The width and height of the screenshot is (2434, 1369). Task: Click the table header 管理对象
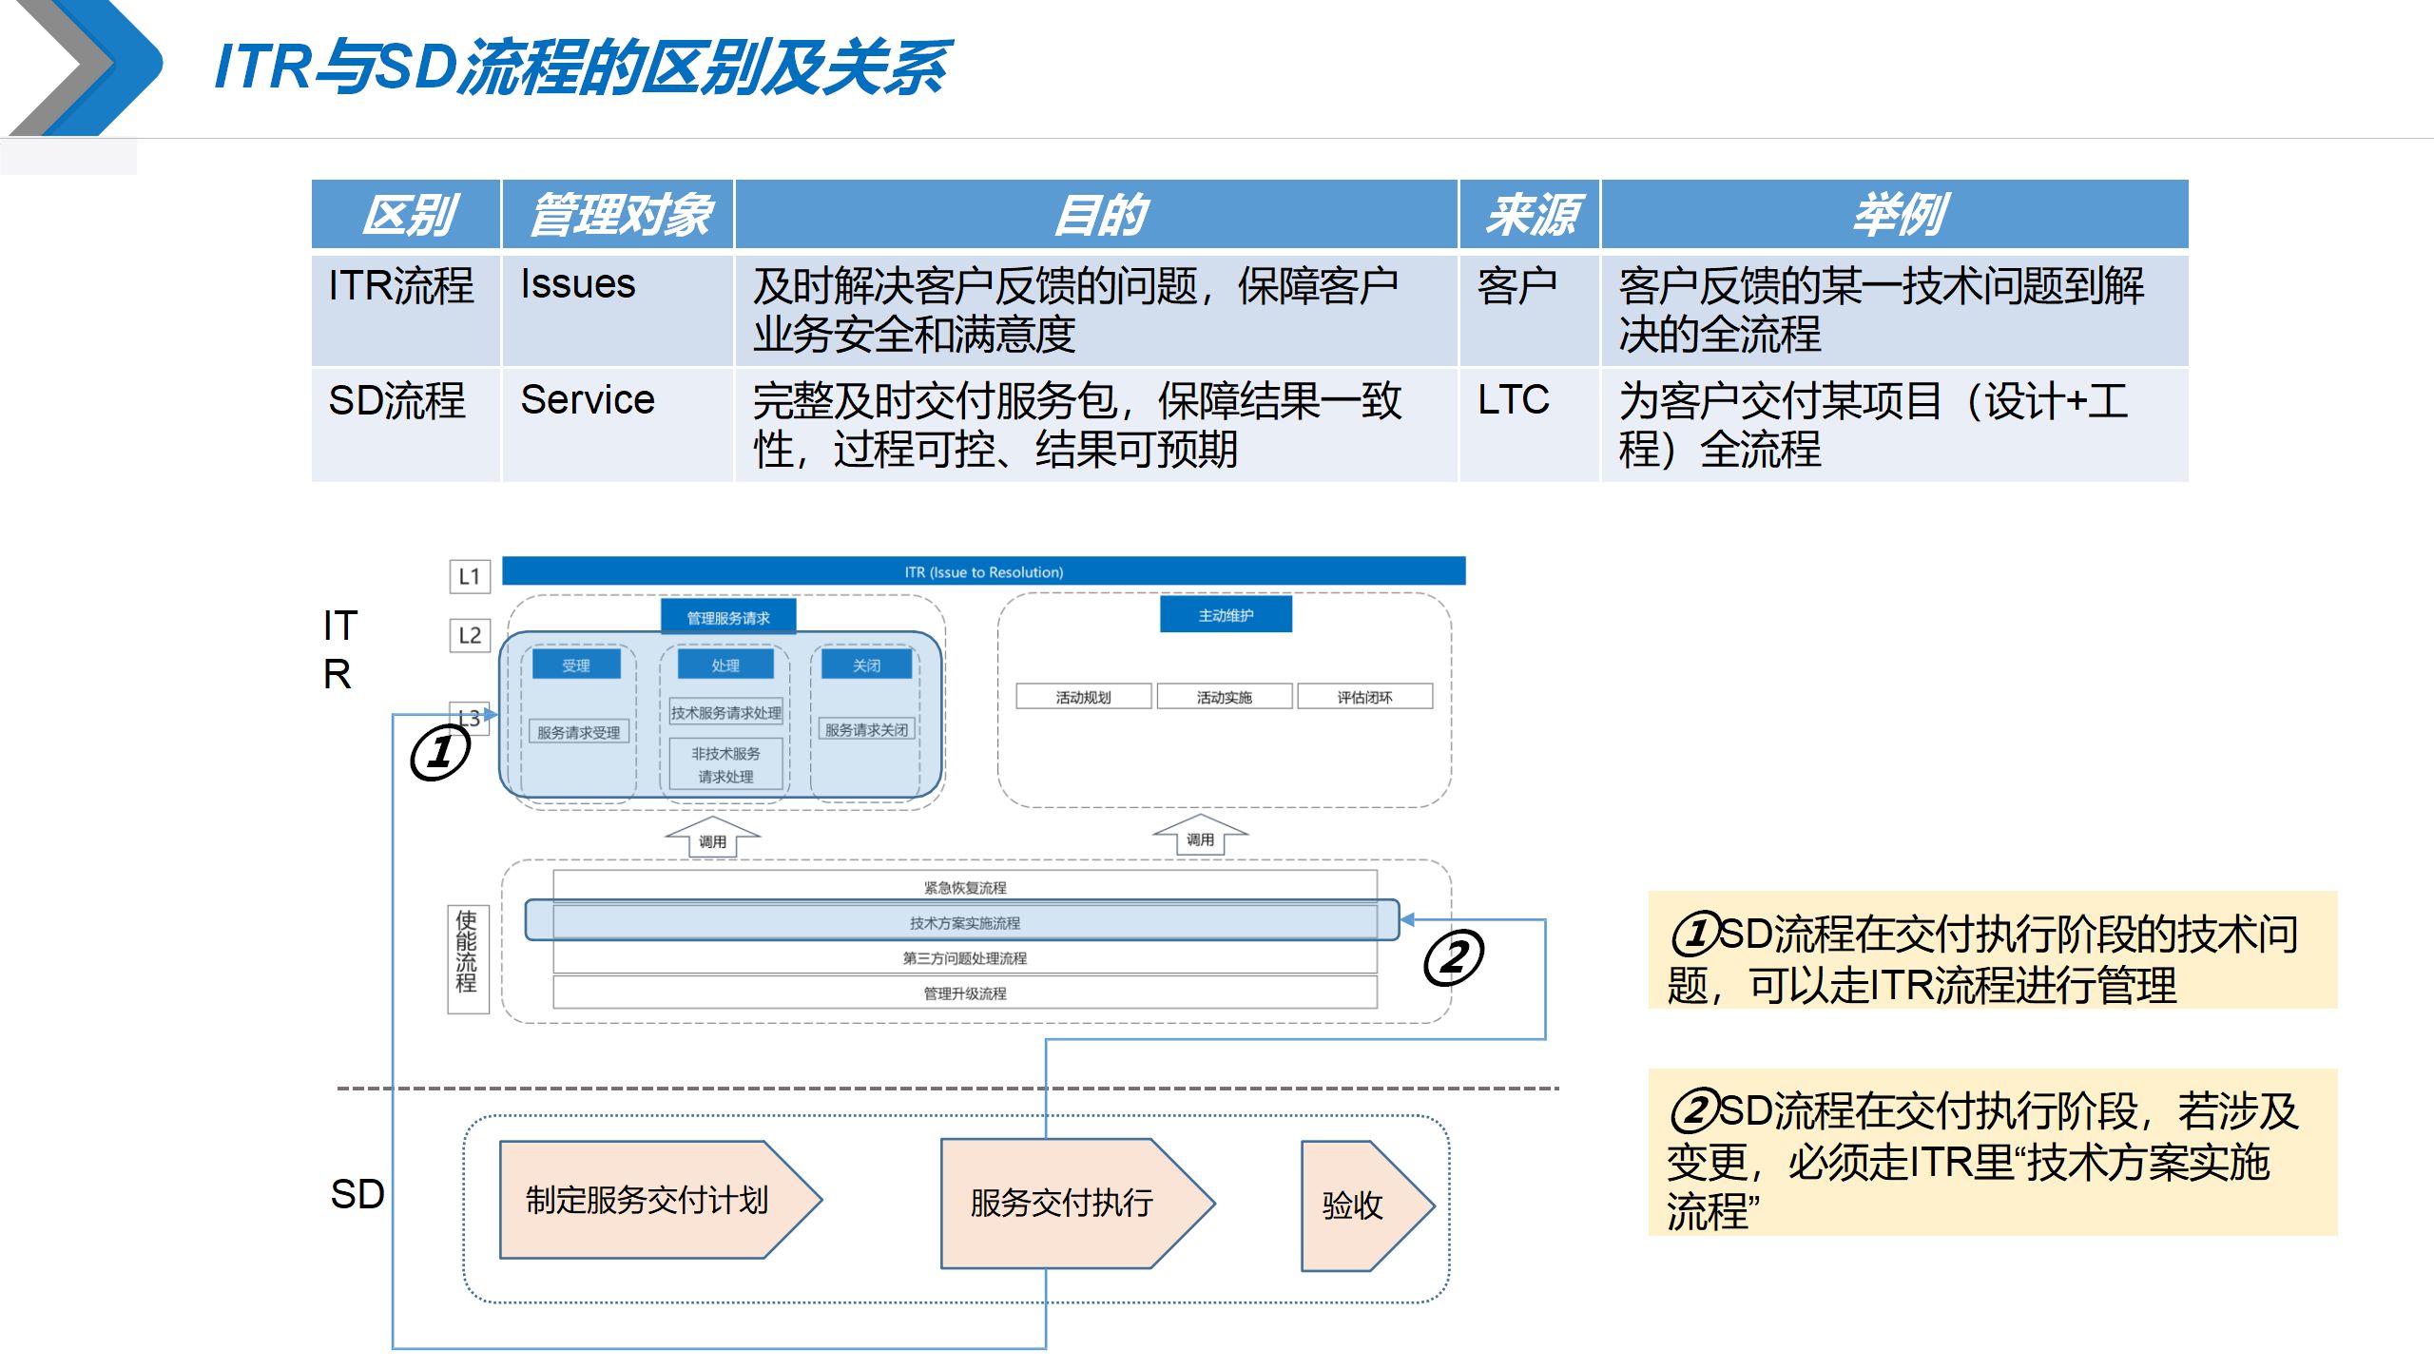pyautogui.click(x=618, y=215)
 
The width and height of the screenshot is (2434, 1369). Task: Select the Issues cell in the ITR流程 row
pyautogui.click(x=578, y=285)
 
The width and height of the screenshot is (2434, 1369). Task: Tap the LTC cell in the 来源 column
pyautogui.click(x=1513, y=400)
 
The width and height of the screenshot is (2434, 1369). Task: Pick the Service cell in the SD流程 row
pyautogui.click(x=588, y=400)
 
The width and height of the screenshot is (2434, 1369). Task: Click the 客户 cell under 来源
pyautogui.click(x=1516, y=286)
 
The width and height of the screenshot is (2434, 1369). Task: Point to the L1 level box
pyautogui.click(x=470, y=576)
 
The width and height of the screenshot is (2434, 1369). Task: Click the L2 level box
pyautogui.click(x=470, y=635)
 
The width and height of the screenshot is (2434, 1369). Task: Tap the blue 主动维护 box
pyautogui.click(x=1226, y=615)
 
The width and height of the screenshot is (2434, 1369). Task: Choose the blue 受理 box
pyautogui.click(x=576, y=665)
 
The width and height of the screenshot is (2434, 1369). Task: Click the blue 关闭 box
pyautogui.click(x=866, y=665)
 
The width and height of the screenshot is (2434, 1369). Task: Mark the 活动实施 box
pyautogui.click(x=1225, y=697)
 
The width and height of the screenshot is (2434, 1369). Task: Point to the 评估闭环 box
pyautogui.click(x=1364, y=697)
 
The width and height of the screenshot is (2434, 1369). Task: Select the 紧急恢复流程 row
pyautogui.click(x=965, y=887)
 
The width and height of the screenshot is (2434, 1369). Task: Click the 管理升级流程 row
pyautogui.click(x=965, y=993)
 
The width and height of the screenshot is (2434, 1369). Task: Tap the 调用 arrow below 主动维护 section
pyautogui.click(x=1200, y=837)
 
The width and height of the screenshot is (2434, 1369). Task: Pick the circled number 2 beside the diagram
pyautogui.click(x=1453, y=957)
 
